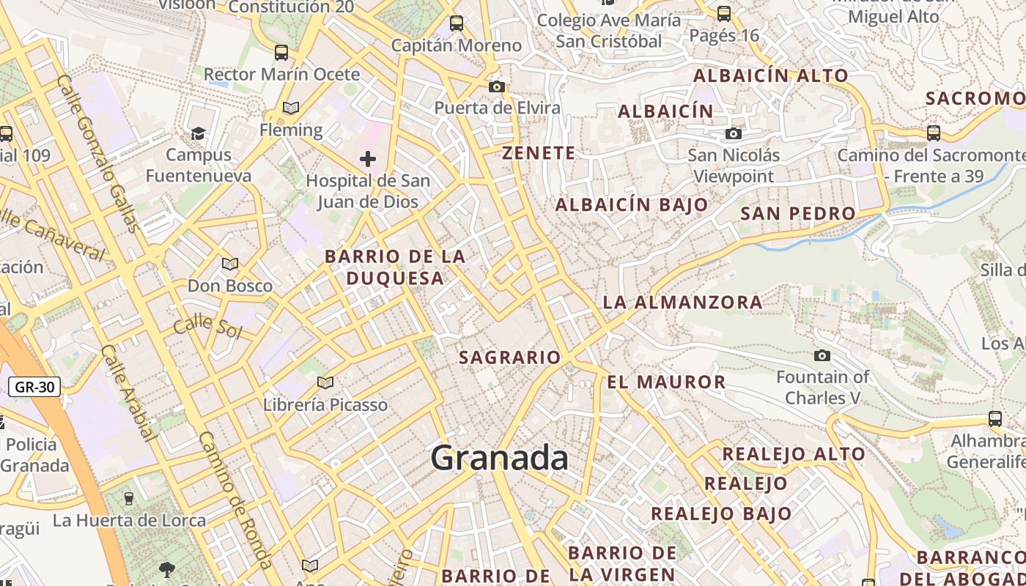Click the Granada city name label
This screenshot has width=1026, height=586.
click(x=499, y=458)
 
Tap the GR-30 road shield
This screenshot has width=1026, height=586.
click(x=34, y=387)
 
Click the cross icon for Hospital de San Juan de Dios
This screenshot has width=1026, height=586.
click(x=368, y=159)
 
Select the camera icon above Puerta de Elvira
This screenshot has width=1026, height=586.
click(x=496, y=87)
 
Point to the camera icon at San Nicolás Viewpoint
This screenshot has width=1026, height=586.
click(x=733, y=133)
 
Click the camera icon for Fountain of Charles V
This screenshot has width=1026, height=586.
click(x=822, y=356)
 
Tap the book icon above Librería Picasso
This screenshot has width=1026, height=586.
click(x=325, y=382)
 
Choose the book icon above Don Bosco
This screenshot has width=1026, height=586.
click(x=230, y=264)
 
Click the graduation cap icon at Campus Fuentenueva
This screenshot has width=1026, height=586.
click(x=198, y=133)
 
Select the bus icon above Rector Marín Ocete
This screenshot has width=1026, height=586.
click(x=281, y=52)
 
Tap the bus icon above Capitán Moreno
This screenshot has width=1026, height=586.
click(x=457, y=23)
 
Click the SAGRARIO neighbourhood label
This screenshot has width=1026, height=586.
click(x=509, y=357)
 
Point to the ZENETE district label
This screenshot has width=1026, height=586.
click(x=539, y=153)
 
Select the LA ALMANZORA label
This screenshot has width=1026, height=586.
click(x=682, y=302)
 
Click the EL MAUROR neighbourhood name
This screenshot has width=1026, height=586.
click(x=666, y=382)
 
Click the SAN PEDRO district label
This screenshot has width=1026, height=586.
click(x=798, y=214)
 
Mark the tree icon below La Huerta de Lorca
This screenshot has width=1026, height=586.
click(x=167, y=570)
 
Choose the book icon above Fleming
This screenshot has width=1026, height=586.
click(x=291, y=108)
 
